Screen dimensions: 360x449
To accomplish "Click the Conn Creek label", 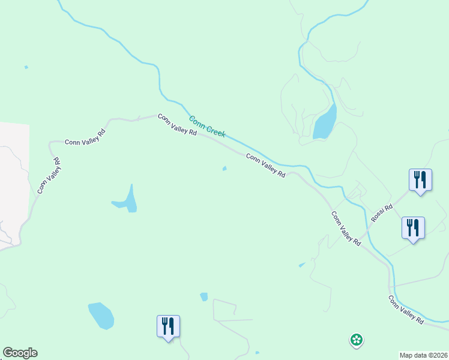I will tap(207, 127).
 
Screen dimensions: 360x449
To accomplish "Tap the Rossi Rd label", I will tap(382, 213).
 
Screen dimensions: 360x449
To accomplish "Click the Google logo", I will tap(20, 353).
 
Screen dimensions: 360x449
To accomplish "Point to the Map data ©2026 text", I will tap(424, 355).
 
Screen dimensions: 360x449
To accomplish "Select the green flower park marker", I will tap(356, 340).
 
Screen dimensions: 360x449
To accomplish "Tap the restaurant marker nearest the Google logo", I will tap(168, 326).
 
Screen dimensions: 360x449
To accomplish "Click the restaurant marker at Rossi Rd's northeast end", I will tap(420, 180).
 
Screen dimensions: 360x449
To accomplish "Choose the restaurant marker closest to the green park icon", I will tap(413, 228).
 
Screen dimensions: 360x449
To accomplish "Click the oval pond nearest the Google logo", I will tap(101, 316).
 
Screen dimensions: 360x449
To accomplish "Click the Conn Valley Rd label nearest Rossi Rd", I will tap(346, 229).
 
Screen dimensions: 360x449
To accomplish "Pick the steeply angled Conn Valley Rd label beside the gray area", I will tap(49, 176).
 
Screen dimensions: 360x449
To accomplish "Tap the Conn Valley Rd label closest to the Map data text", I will tap(406, 310).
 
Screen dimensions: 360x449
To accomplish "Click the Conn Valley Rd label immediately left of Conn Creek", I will tap(177, 125).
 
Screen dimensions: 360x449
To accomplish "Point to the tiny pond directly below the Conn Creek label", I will tap(224, 169).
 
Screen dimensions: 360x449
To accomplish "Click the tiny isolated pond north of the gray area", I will tap(26, 67).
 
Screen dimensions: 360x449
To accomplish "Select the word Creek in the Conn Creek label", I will tap(215, 131).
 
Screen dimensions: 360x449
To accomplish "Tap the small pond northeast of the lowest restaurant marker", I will tap(203, 296).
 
